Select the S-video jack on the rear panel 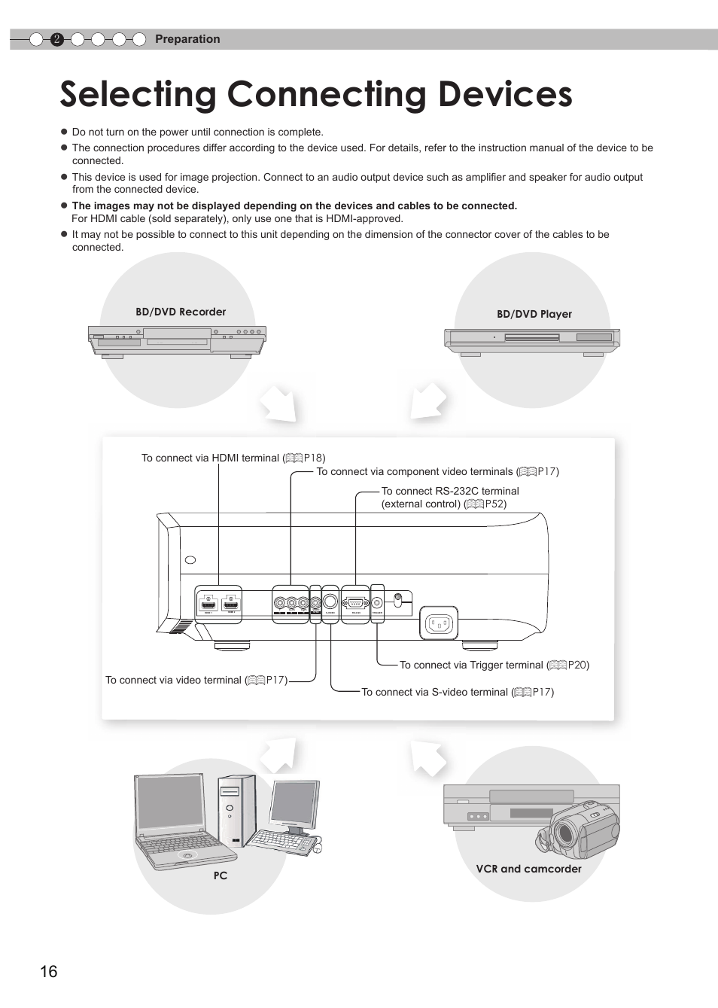[x=330, y=602]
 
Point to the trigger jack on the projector [x=377, y=602]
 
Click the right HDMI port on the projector [x=232, y=604]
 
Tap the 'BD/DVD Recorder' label [x=181, y=312]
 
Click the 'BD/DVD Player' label [x=534, y=314]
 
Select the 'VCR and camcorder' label [x=528, y=869]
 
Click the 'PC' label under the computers [x=220, y=876]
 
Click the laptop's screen [x=170, y=803]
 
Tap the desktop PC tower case [x=236, y=817]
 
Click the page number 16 [x=49, y=971]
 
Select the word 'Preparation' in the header [x=187, y=39]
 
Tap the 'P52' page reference [x=495, y=504]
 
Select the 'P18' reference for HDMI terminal [x=313, y=458]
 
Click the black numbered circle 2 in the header [x=56, y=40]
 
